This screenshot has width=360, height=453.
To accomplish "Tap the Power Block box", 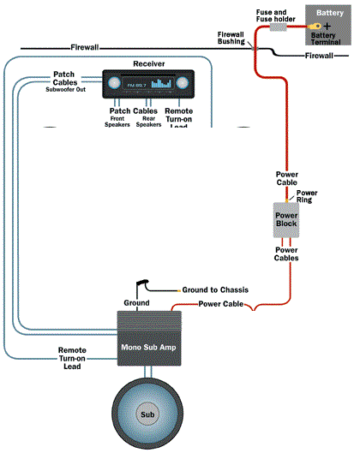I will click(286, 219).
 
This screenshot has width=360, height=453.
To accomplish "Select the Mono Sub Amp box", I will click(150, 339).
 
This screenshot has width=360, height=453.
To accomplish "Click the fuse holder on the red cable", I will click(279, 27).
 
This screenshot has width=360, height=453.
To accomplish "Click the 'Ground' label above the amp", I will click(136, 303).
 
